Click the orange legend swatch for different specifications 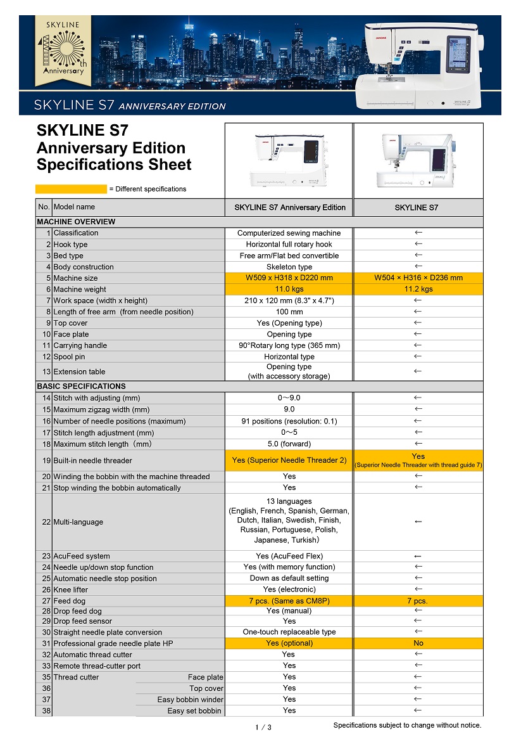(71, 189)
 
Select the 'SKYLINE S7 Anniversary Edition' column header (289, 207)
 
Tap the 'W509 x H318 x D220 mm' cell (289, 278)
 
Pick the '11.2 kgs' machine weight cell (418, 289)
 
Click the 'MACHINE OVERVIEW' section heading (76, 222)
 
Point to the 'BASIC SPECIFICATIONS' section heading (81, 386)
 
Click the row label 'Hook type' (70, 244)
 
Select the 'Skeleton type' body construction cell (289, 267)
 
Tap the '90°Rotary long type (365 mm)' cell (289, 345)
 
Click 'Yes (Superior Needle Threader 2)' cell (289, 460)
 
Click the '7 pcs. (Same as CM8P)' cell (289, 601)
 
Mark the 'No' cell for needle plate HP (418, 643)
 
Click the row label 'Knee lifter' (70, 589)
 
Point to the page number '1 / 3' (263, 727)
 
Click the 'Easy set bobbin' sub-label (194, 711)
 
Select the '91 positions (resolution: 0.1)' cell (289, 421)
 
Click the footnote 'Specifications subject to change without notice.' (407, 725)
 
